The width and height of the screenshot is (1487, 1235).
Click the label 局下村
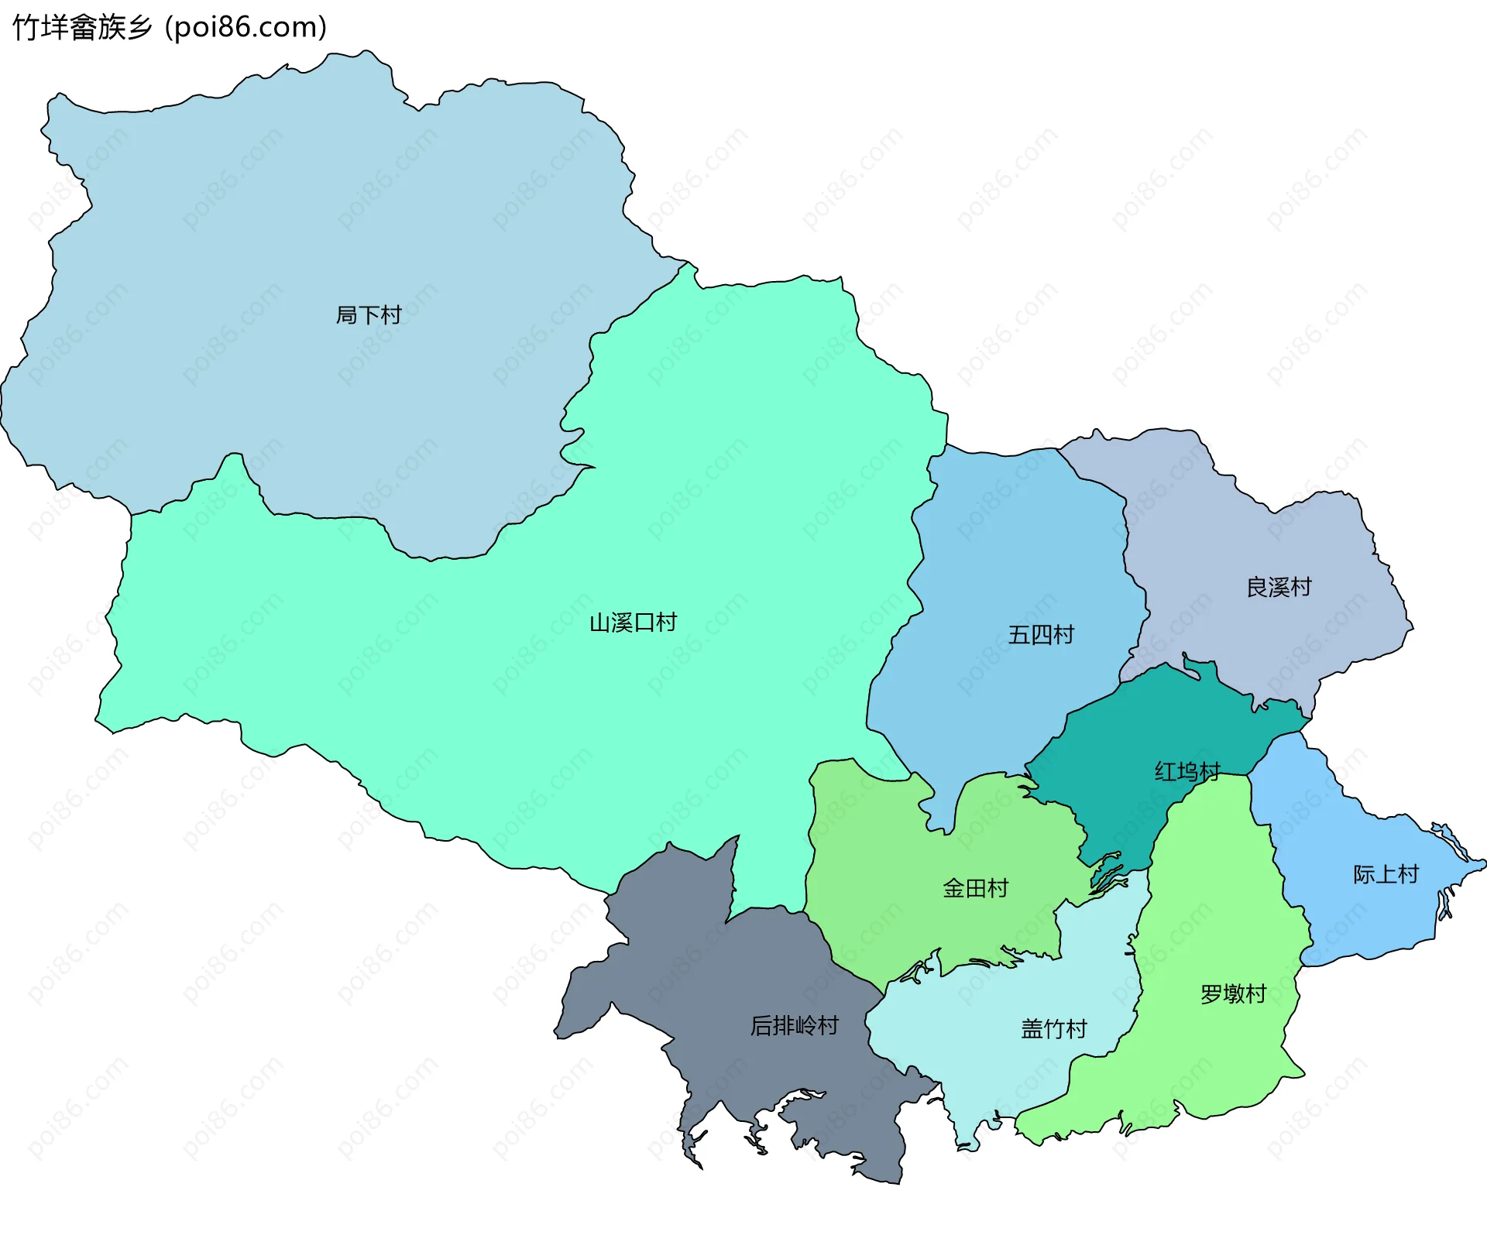pos(368,315)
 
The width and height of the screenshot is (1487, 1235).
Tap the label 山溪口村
pos(633,623)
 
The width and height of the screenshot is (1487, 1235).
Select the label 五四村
pos(1041,635)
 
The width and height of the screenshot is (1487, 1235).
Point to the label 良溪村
pos(1279,587)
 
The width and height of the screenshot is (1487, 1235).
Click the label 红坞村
pos(1187,771)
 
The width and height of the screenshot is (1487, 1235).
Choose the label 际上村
pos(1386,874)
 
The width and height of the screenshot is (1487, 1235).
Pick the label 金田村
pos(975,888)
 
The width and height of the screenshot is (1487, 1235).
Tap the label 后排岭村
pos(795,1025)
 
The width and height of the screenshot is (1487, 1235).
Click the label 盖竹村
pos(1053,1028)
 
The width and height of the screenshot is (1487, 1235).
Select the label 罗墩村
pos(1233,993)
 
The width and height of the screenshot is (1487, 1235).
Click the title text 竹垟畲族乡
pos(82,27)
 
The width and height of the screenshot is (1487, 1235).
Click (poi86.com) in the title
pos(246,27)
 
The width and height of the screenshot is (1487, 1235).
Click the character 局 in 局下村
pos(346,315)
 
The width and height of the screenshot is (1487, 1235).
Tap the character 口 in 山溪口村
pos(644,623)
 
